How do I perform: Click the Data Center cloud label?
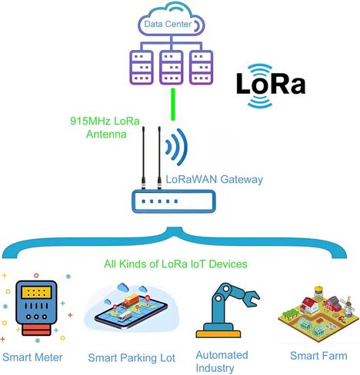[x=168, y=25]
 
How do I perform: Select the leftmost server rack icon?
[x=142, y=68]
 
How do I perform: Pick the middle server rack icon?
[x=172, y=68]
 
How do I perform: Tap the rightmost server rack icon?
[x=201, y=68]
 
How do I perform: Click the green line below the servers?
[x=173, y=105]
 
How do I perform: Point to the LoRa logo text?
[x=271, y=84]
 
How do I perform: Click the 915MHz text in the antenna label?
[x=90, y=121]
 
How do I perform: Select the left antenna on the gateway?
[x=143, y=158]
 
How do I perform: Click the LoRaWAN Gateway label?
[x=215, y=179]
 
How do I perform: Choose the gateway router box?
[x=173, y=201]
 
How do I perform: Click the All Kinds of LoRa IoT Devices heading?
[x=175, y=264]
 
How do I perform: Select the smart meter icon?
[x=36, y=308]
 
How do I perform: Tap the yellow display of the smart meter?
[x=36, y=293]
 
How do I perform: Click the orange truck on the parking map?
[x=131, y=300]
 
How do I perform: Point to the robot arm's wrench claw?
[x=251, y=298]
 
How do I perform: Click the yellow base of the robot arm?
[x=218, y=334]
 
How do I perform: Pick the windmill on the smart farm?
[x=348, y=306]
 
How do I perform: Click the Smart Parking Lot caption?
[x=132, y=358]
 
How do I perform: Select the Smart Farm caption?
[x=318, y=356]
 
